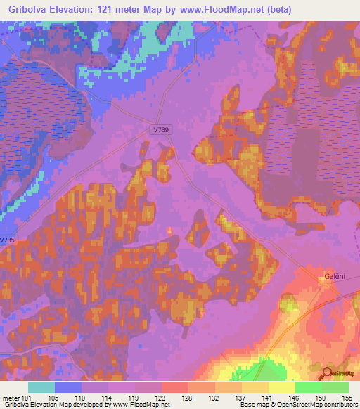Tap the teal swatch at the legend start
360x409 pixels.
(41, 387)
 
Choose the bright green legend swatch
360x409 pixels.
(308, 387)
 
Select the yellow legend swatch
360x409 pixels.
(281, 387)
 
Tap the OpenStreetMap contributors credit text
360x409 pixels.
(314, 405)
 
